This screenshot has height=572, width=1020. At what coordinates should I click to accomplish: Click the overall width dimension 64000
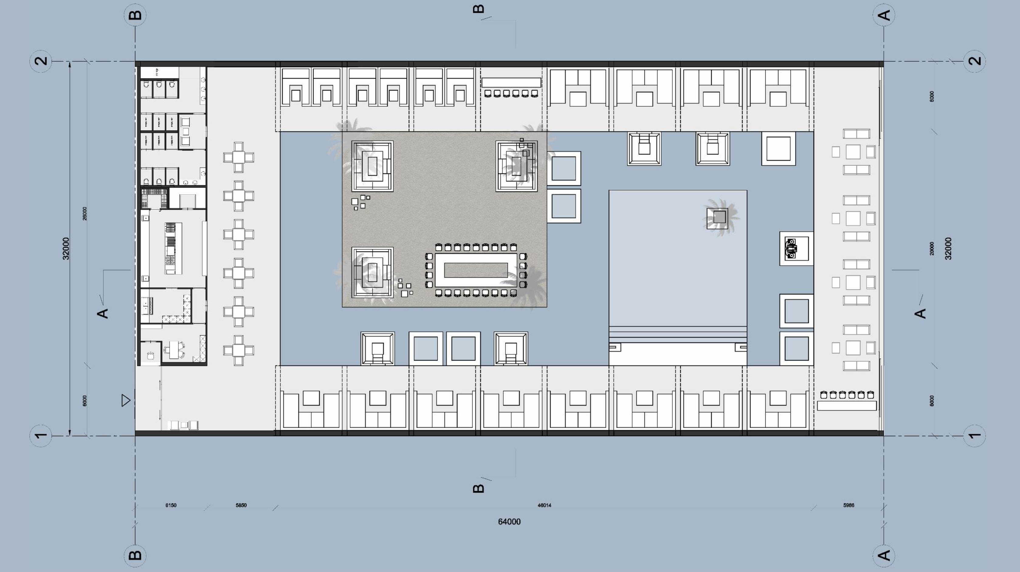(x=509, y=522)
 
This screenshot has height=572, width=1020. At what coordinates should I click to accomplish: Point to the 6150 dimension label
(x=171, y=505)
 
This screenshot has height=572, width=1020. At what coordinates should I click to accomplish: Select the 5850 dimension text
(x=241, y=505)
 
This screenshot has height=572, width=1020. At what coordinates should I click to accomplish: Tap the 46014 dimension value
(x=544, y=505)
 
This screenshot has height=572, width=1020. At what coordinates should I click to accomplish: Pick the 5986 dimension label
(x=849, y=505)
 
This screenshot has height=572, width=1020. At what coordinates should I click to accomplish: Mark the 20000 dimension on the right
(x=932, y=248)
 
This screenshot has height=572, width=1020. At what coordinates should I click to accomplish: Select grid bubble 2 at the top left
(x=41, y=61)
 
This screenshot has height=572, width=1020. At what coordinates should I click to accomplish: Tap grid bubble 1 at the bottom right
(x=974, y=436)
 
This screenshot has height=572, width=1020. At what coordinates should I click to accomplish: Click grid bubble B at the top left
(x=135, y=15)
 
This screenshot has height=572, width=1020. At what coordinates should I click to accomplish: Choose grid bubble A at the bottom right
(x=884, y=555)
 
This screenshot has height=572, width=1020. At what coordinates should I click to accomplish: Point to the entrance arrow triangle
(x=126, y=400)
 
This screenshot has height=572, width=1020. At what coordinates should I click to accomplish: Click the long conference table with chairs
(x=476, y=270)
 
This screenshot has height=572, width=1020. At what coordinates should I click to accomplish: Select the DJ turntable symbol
(x=791, y=249)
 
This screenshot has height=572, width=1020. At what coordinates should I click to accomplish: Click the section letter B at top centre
(x=478, y=9)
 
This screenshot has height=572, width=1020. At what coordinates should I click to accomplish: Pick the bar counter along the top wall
(x=511, y=82)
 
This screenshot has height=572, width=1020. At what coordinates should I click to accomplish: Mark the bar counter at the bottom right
(x=846, y=405)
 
